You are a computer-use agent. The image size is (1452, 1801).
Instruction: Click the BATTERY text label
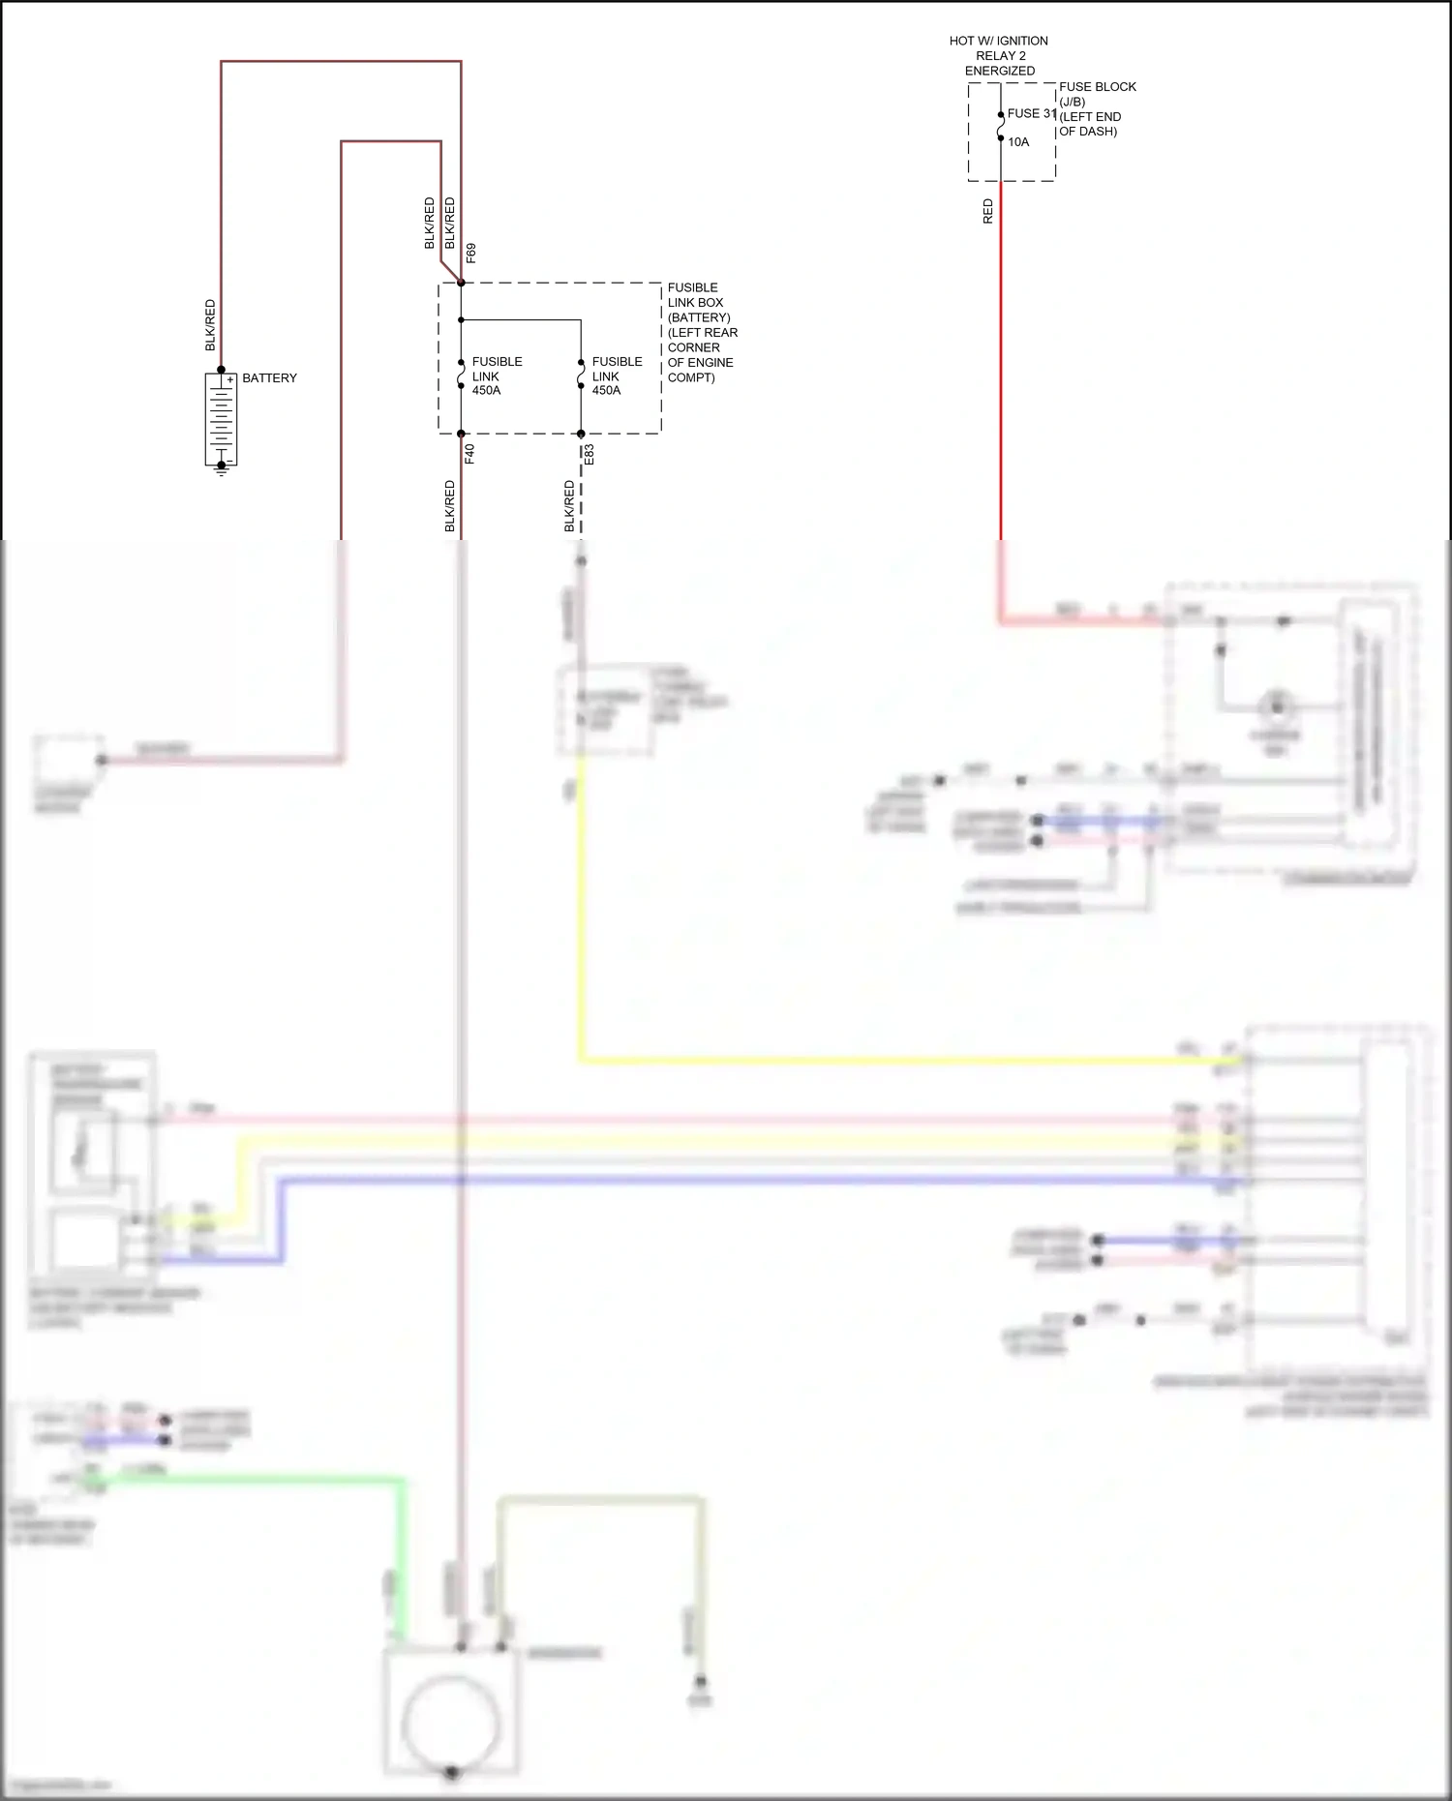[269, 378]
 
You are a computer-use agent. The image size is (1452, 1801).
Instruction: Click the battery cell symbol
[222, 418]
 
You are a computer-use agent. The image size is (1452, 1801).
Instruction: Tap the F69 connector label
[471, 253]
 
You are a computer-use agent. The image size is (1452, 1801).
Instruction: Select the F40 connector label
[470, 453]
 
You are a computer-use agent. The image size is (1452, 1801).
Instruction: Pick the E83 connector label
[590, 454]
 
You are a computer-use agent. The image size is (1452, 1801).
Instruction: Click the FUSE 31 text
[1031, 113]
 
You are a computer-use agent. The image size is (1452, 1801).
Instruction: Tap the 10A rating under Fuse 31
[1018, 142]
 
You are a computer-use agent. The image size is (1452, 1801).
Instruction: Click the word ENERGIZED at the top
[999, 71]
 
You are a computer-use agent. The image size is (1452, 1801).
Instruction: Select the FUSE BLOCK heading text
[1097, 87]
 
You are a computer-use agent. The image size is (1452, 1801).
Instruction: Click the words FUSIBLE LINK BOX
[694, 295]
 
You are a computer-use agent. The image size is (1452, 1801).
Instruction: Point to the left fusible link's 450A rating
[486, 391]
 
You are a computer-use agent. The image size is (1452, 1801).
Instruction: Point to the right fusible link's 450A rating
[606, 391]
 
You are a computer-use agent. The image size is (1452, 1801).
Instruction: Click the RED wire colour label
[988, 211]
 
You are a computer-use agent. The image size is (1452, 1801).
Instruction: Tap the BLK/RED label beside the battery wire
[211, 325]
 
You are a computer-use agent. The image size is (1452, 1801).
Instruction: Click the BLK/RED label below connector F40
[450, 506]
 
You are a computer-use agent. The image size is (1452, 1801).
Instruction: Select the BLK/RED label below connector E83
[570, 506]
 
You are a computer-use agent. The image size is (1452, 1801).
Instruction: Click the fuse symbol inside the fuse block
[1001, 127]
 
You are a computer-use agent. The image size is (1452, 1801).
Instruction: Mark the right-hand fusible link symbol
[581, 375]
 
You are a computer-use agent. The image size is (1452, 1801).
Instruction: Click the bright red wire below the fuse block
[1001, 387]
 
